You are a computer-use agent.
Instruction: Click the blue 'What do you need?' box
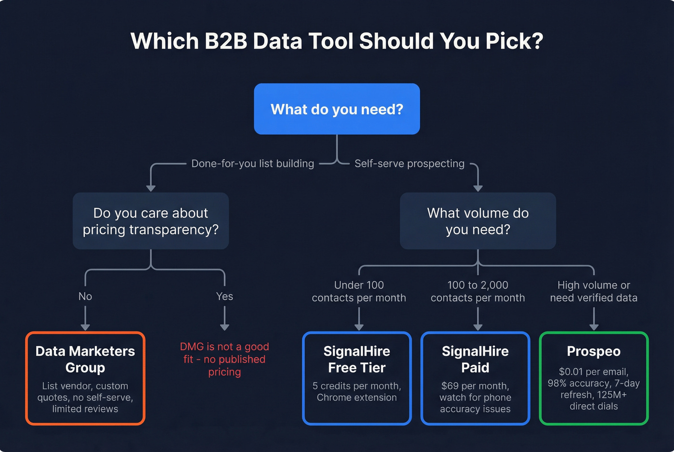point(337,109)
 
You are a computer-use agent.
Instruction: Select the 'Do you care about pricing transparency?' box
point(151,221)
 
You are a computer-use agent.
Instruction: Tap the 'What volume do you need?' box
point(478,221)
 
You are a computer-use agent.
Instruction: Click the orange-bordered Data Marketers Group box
point(85,378)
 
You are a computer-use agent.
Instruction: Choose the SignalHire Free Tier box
point(357,378)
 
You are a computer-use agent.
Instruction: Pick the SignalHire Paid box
point(475,378)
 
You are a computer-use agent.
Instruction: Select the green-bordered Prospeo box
point(594,378)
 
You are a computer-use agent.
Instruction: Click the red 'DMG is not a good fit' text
point(224,359)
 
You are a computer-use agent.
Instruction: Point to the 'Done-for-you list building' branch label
point(253,164)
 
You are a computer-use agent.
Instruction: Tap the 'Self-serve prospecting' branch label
point(409,164)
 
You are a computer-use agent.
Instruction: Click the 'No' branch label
point(85,297)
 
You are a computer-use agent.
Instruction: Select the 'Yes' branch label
point(224,297)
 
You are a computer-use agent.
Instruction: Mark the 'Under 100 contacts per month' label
point(359,292)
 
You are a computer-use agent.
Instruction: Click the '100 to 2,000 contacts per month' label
point(478,292)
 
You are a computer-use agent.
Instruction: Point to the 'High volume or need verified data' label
point(594,292)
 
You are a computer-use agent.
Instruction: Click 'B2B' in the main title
point(226,41)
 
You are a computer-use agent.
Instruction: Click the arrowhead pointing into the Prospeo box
point(594,327)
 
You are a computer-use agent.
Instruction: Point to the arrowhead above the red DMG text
point(224,327)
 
